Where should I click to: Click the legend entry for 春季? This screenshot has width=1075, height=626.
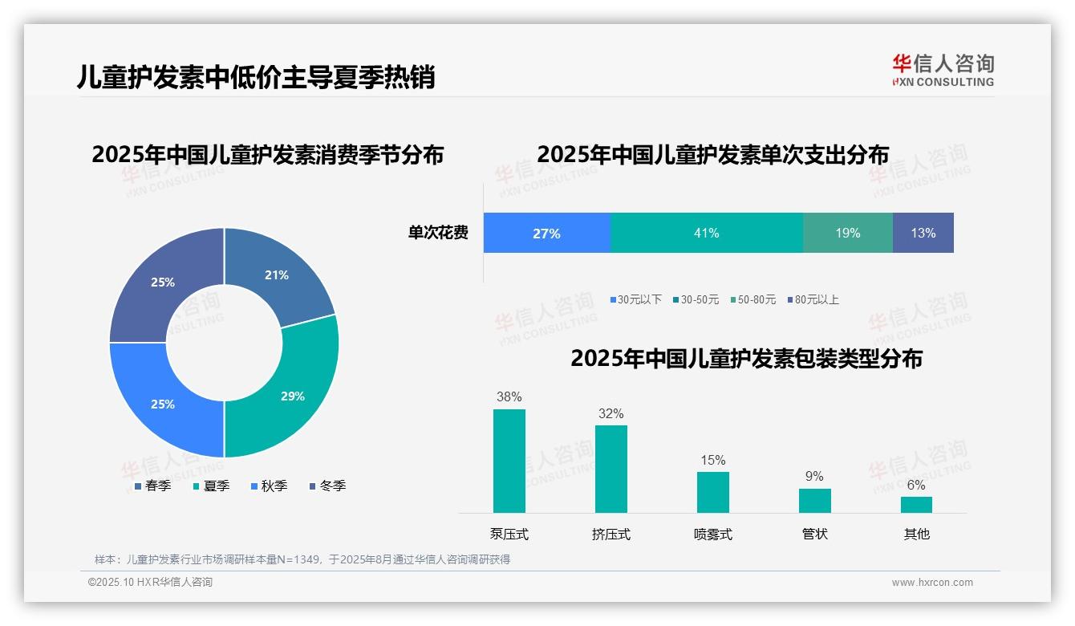point(152,486)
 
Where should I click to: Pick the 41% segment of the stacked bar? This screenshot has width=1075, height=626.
point(706,233)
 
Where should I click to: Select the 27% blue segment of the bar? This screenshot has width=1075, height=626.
point(546,233)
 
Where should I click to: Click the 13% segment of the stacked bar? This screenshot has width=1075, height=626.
point(923,233)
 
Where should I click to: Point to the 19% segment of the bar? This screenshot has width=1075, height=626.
point(847,233)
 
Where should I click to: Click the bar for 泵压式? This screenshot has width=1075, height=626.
point(509,461)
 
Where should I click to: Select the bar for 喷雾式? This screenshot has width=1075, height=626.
point(712,492)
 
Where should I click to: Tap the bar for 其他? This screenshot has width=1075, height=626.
point(916,504)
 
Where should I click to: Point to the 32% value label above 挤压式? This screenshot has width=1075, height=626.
point(611,413)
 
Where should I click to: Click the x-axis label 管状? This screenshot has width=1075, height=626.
point(814,534)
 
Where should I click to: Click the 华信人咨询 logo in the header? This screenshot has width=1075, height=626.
point(943,70)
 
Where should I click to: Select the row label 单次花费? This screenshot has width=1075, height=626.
point(438,234)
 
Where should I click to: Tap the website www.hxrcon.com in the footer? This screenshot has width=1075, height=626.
point(932,583)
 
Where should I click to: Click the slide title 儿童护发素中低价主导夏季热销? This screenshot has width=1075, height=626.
point(256,77)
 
